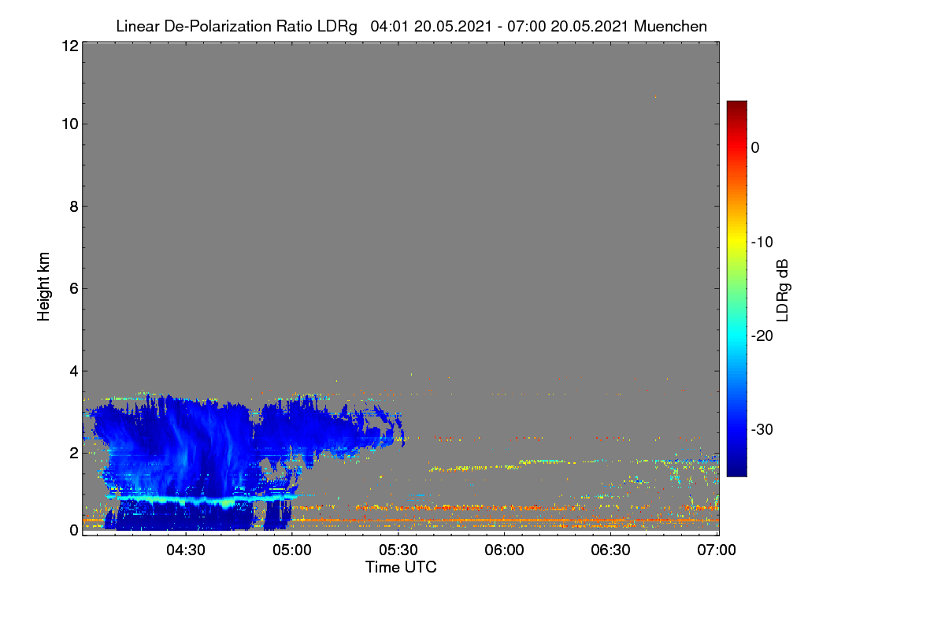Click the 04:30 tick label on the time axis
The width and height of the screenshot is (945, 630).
coord(186,550)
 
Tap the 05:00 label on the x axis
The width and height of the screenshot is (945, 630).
coord(292,550)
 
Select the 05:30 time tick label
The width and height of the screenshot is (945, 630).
coord(398,550)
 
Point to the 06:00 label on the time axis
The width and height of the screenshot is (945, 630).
coord(504,550)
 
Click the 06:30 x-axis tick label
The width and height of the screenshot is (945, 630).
coord(610,550)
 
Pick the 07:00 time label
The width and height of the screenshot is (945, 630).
coord(717,550)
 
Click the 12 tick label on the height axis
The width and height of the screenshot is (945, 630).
coord(70,46)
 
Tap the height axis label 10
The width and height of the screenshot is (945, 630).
coord(70,124)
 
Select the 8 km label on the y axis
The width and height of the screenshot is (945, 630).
coord(74,206)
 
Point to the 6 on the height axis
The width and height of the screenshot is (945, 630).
coord(74,289)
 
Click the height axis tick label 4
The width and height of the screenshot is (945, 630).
coord(74,372)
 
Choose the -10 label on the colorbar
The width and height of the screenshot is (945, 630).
coord(762,243)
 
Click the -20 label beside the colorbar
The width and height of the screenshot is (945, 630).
coord(762,336)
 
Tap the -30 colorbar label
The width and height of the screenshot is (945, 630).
coord(762,429)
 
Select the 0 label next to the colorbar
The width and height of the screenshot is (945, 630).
coord(755,148)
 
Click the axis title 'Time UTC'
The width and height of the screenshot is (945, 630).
coord(401,567)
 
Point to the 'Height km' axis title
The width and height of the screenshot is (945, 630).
coord(43,287)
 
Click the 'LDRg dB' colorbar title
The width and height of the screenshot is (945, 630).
coord(783,291)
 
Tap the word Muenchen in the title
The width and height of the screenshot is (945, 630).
coord(670,26)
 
